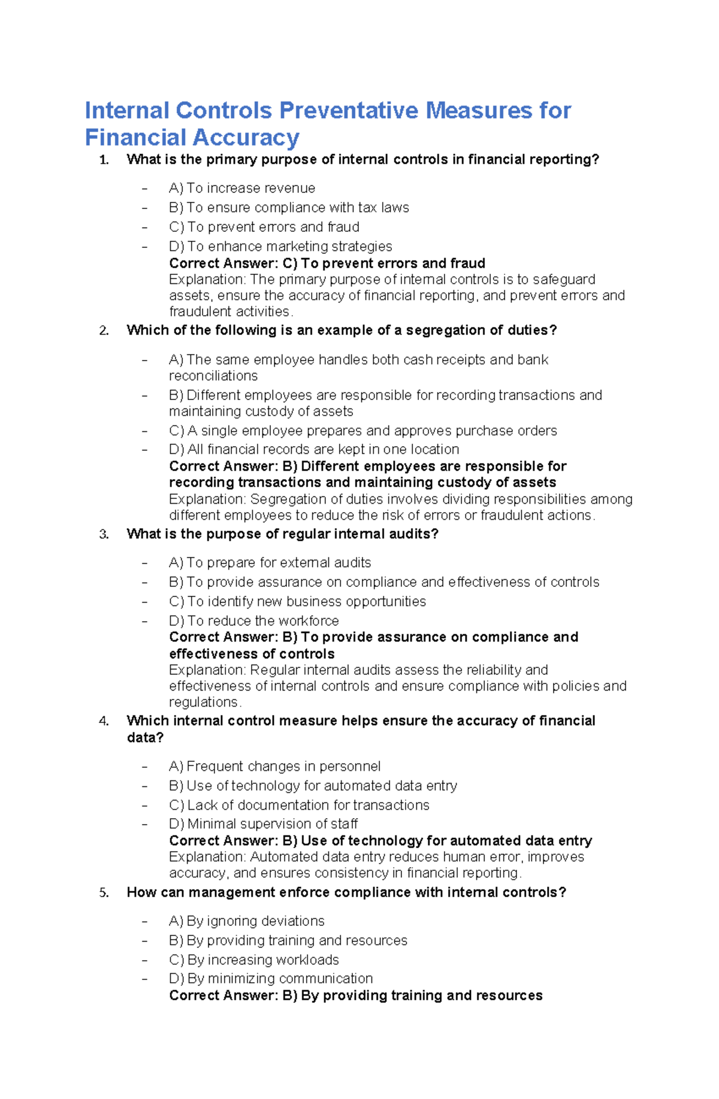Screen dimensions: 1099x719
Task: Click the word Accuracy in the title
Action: coord(246,138)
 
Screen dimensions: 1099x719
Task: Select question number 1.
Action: coord(104,160)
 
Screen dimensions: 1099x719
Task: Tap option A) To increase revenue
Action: coord(242,188)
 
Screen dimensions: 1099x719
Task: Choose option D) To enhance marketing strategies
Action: coord(280,246)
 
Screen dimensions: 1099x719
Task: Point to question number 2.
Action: coord(104,331)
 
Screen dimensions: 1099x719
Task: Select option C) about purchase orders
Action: coord(362,431)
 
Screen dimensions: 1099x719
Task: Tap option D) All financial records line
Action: coord(314,449)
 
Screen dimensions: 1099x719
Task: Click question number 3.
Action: coord(104,534)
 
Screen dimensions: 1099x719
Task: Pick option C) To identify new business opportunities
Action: coord(297,601)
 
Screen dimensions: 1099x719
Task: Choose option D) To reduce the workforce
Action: coord(254,620)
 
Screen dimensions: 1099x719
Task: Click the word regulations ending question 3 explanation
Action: coord(204,702)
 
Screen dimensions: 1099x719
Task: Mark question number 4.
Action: coord(104,721)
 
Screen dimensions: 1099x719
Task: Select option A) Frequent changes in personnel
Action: coord(274,766)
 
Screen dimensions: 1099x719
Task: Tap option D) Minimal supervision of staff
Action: coord(264,824)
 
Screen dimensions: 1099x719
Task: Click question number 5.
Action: coord(104,892)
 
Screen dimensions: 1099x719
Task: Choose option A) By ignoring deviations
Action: coord(247,921)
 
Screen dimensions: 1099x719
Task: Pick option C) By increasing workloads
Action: coord(254,959)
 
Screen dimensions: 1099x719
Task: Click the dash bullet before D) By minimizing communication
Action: coord(144,979)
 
